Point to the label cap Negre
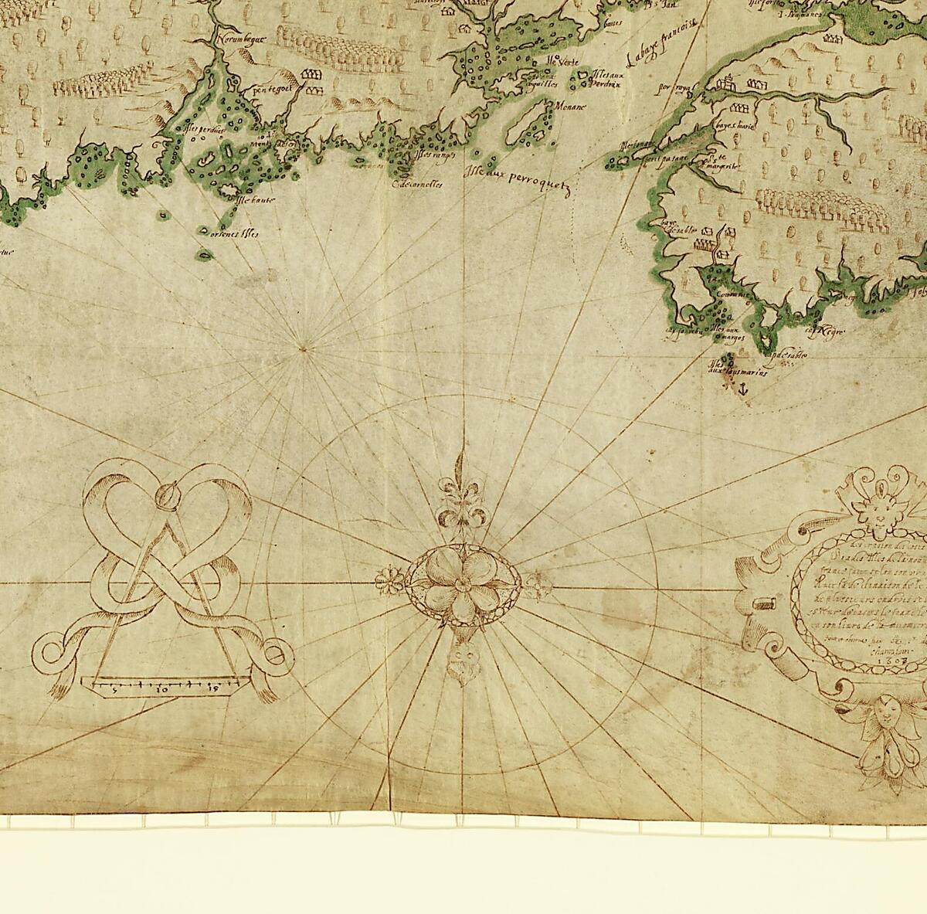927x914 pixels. point(823,331)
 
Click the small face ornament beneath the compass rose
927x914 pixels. point(461,663)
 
